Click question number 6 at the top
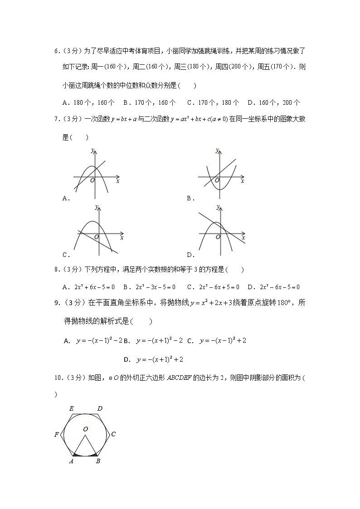tap(56, 52)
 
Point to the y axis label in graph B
tap(218, 150)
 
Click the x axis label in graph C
tap(122, 237)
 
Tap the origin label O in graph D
tap(218, 237)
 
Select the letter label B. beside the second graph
tap(191, 198)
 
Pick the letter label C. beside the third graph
tap(66, 254)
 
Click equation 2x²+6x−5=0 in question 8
tap(89, 287)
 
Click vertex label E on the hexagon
tap(71, 408)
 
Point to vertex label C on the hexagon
tap(113, 434)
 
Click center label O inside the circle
tap(85, 428)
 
